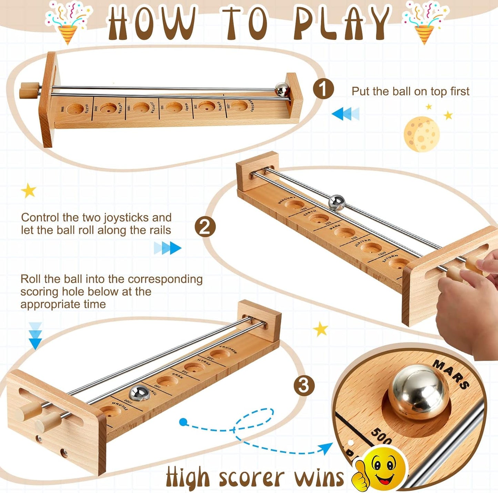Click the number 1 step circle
(323, 89)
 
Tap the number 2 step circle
(205, 227)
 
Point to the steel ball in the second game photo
(336, 203)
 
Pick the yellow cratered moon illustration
(422, 134)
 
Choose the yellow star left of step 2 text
(29, 191)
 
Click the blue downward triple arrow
(35, 335)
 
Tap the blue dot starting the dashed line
(183, 421)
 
